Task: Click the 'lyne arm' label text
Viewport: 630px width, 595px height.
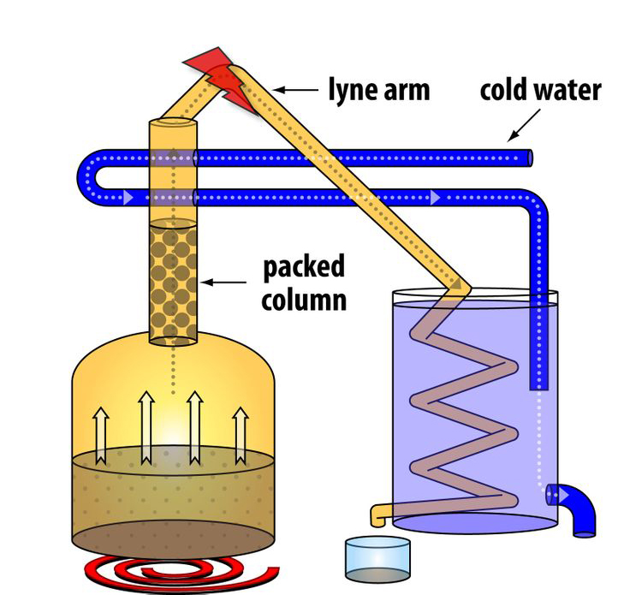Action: coord(379,89)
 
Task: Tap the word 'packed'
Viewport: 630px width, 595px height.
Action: coord(305,266)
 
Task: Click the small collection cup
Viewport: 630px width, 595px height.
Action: coord(377,559)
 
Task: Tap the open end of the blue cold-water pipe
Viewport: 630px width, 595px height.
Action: coord(529,158)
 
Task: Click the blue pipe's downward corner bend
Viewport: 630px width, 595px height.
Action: coord(538,206)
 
